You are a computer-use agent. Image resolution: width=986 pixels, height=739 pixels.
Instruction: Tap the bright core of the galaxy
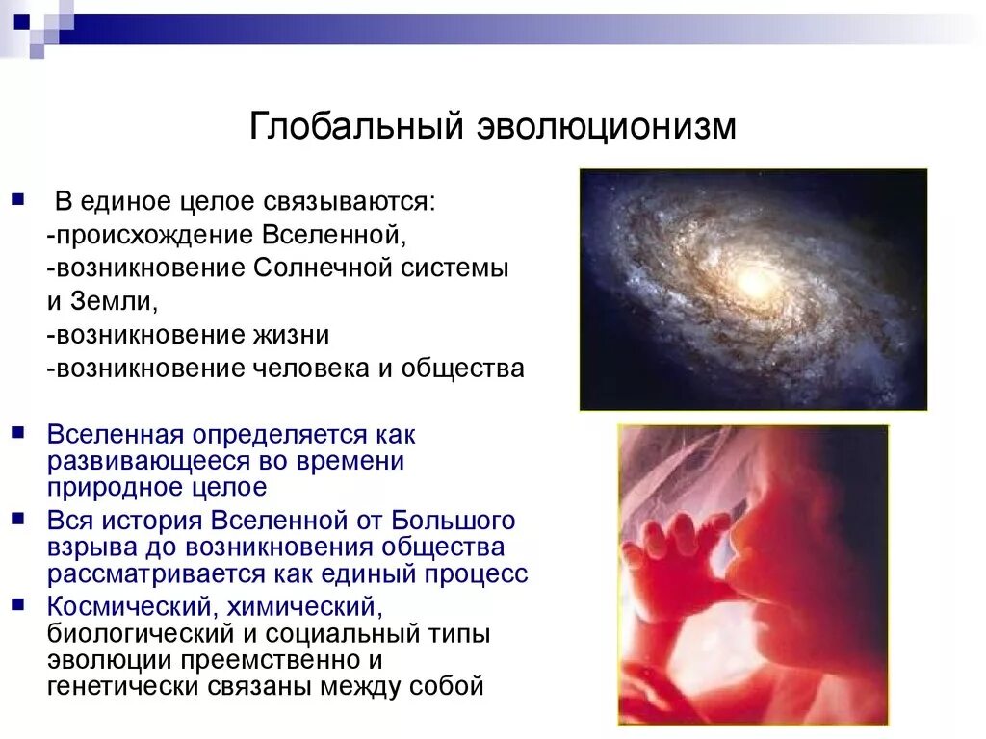click(750, 282)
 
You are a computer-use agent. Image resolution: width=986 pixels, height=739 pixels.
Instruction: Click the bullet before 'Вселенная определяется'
click(18, 433)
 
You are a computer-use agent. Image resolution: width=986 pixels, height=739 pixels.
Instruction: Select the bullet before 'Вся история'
click(18, 519)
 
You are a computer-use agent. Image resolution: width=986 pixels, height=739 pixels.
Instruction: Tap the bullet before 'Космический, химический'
click(18, 604)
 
